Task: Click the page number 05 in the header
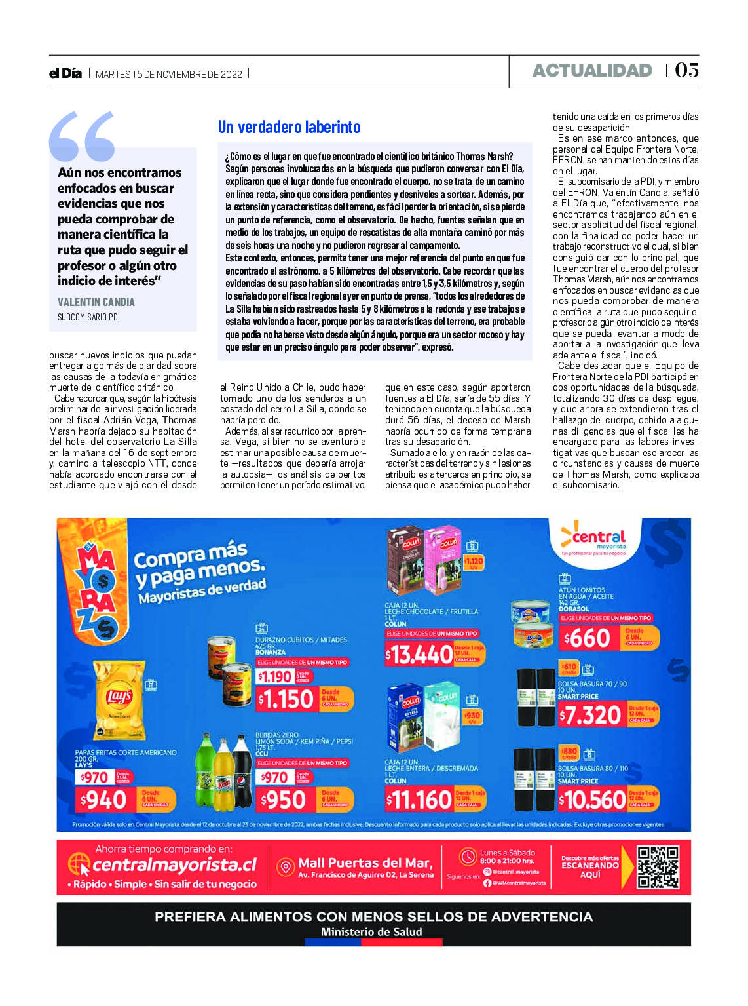(x=686, y=70)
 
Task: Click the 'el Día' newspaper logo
(x=65, y=73)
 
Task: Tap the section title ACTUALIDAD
(x=592, y=71)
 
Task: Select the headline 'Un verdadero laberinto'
(x=289, y=127)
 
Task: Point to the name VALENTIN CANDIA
(x=96, y=302)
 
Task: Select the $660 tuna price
(x=588, y=638)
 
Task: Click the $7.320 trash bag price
(x=590, y=715)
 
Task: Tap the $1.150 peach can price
(x=286, y=699)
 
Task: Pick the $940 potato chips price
(x=103, y=800)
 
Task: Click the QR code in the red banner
(x=658, y=866)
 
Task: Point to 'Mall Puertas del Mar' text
(x=365, y=863)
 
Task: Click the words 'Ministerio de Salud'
(x=371, y=932)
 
